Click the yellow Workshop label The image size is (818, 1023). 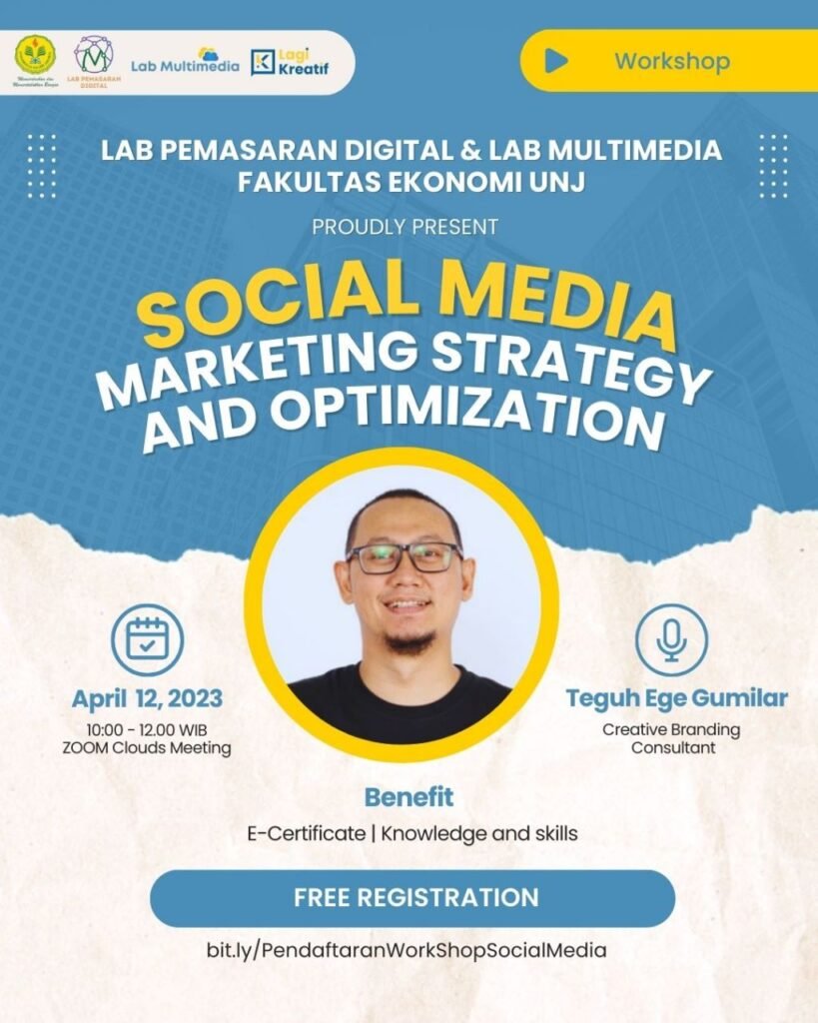click(x=671, y=61)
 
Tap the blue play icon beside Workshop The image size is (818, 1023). click(x=556, y=61)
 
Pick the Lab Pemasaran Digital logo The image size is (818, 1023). click(x=93, y=59)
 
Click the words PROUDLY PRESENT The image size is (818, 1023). click(x=405, y=227)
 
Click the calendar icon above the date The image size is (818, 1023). click(x=147, y=640)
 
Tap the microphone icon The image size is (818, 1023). click(x=671, y=639)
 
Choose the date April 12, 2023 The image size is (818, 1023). click(x=147, y=697)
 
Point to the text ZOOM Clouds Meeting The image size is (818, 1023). click(x=147, y=748)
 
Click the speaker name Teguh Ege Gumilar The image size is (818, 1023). click(x=676, y=698)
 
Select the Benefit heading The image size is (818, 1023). click(x=409, y=797)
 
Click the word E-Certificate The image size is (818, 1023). click(x=306, y=832)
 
